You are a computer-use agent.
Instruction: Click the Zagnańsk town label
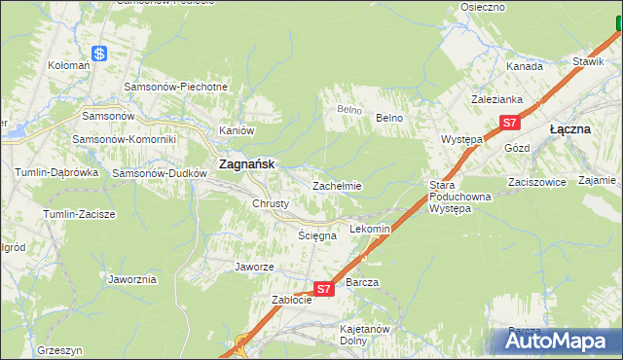coord(250,165)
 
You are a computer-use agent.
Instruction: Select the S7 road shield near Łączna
coord(511,123)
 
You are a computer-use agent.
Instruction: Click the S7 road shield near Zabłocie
coord(325,288)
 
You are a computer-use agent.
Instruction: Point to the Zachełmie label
coord(337,186)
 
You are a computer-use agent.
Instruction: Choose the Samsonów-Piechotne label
coord(176,87)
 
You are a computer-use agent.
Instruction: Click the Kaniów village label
coord(237,130)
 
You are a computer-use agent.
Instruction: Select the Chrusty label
coord(271,203)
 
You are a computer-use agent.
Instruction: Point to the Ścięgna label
coord(317,235)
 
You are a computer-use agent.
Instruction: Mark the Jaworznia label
coord(133,279)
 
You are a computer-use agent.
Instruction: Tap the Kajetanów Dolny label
coord(365,335)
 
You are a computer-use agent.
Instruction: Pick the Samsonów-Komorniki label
coord(125,139)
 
